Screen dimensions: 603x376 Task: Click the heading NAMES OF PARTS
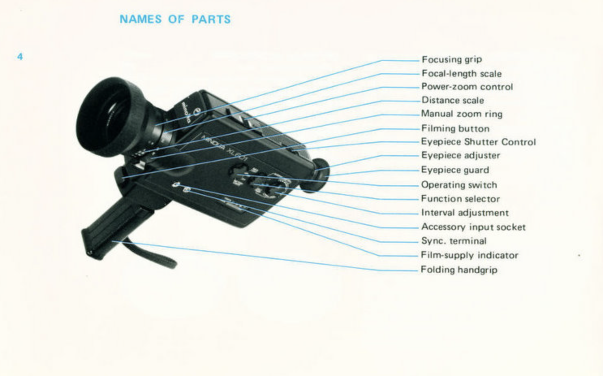175,19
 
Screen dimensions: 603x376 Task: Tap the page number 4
20,56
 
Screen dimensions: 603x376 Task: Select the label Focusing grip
452,60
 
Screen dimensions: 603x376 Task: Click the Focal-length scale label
461,73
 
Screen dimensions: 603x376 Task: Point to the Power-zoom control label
467,86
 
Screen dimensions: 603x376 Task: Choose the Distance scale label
452,100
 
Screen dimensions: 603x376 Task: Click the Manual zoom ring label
461,114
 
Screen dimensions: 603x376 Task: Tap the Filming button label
455,128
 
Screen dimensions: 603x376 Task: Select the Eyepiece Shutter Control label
478,142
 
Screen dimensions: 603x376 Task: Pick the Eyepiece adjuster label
460,156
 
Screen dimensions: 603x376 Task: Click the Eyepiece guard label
454,170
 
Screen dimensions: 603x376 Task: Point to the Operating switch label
459,185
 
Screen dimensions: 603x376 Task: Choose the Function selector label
460,199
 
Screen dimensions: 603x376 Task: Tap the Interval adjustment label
464,213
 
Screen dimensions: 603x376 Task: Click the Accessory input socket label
473,227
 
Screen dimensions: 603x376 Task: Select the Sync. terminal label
453,241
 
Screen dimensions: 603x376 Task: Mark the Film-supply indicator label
469,255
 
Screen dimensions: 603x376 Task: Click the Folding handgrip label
459,270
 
